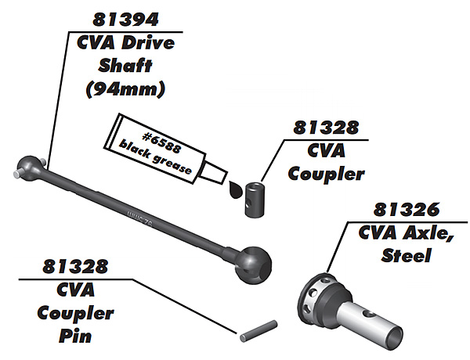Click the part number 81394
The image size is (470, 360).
125,17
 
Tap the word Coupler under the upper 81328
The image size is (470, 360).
329,174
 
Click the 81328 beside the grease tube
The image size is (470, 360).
329,127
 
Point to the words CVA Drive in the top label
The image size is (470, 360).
125,43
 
